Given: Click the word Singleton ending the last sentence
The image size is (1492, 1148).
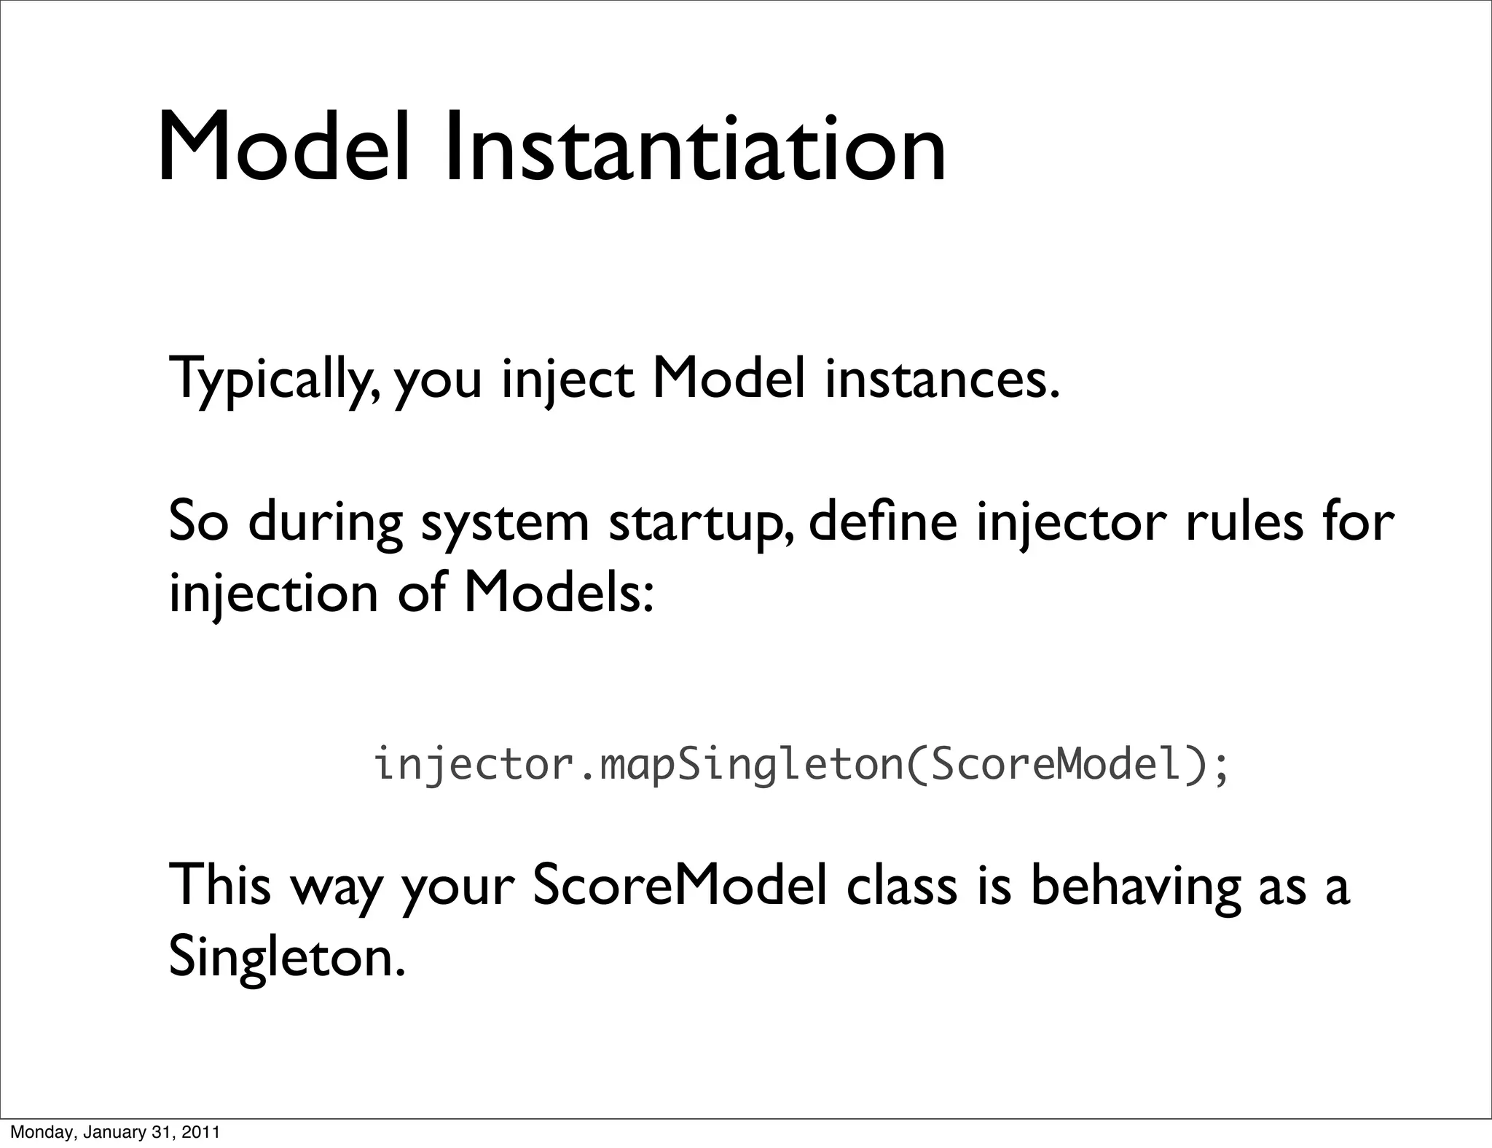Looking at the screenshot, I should [284, 959].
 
